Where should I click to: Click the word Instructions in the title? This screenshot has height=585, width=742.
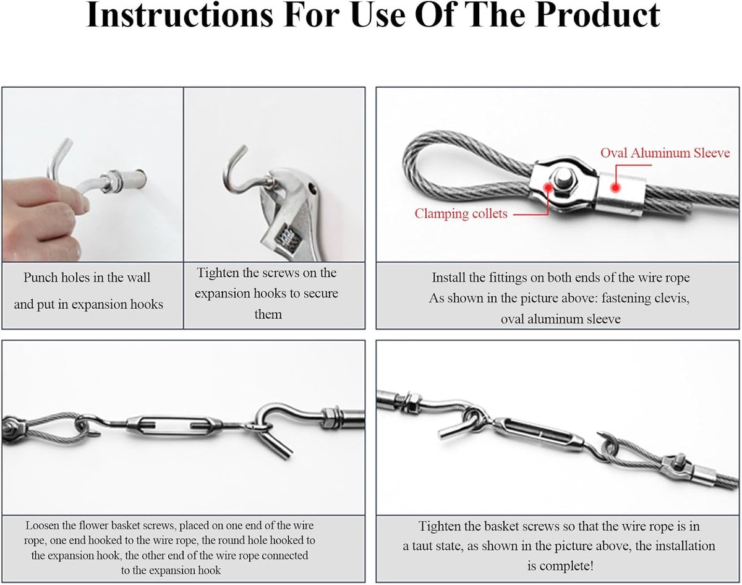pyautogui.click(x=179, y=15)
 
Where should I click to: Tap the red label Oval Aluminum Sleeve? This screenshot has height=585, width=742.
pyautogui.click(x=665, y=153)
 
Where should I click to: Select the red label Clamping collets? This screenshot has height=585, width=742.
pyautogui.click(x=461, y=214)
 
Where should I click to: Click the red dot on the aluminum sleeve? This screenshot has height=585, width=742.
pyautogui.click(x=615, y=188)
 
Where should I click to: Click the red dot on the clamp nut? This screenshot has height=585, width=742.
pyautogui.click(x=548, y=187)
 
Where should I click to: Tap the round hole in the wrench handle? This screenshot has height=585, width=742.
pyautogui.click(x=313, y=189)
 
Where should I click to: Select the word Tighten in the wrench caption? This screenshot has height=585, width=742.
pyautogui.click(x=218, y=273)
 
